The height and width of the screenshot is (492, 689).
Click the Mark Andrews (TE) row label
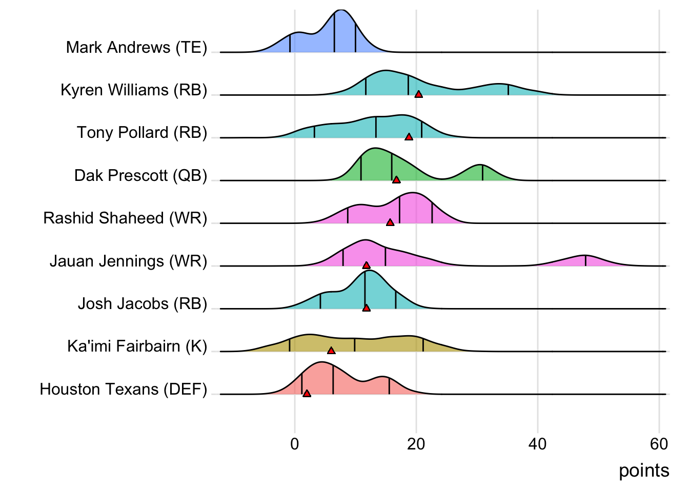[x=136, y=48]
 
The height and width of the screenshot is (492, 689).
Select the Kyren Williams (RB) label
[x=134, y=90]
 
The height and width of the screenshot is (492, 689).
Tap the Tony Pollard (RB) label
[x=142, y=133]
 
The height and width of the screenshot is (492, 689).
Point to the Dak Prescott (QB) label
[x=140, y=176]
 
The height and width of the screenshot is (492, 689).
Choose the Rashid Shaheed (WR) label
[x=125, y=218]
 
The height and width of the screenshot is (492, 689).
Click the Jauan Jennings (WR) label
[x=128, y=261]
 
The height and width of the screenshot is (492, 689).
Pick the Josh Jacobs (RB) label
[x=143, y=304]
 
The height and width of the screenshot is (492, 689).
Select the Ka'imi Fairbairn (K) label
[x=137, y=346]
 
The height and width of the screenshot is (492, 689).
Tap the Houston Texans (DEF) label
[x=124, y=389]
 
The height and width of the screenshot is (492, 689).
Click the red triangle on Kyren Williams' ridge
[x=419, y=94]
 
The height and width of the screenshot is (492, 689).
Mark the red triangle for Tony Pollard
[x=409, y=137]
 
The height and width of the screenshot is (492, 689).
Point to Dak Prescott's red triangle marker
[x=396, y=180]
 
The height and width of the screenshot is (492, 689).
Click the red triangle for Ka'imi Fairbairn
[x=331, y=351]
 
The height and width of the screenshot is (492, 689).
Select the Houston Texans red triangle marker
[x=307, y=394]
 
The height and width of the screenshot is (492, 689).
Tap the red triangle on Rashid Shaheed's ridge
[x=390, y=222]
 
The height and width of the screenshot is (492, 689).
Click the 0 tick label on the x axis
[x=295, y=444]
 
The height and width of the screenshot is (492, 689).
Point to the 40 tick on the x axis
[x=538, y=444]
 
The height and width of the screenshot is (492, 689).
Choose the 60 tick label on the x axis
[x=659, y=444]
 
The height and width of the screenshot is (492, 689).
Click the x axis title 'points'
[x=644, y=470]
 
